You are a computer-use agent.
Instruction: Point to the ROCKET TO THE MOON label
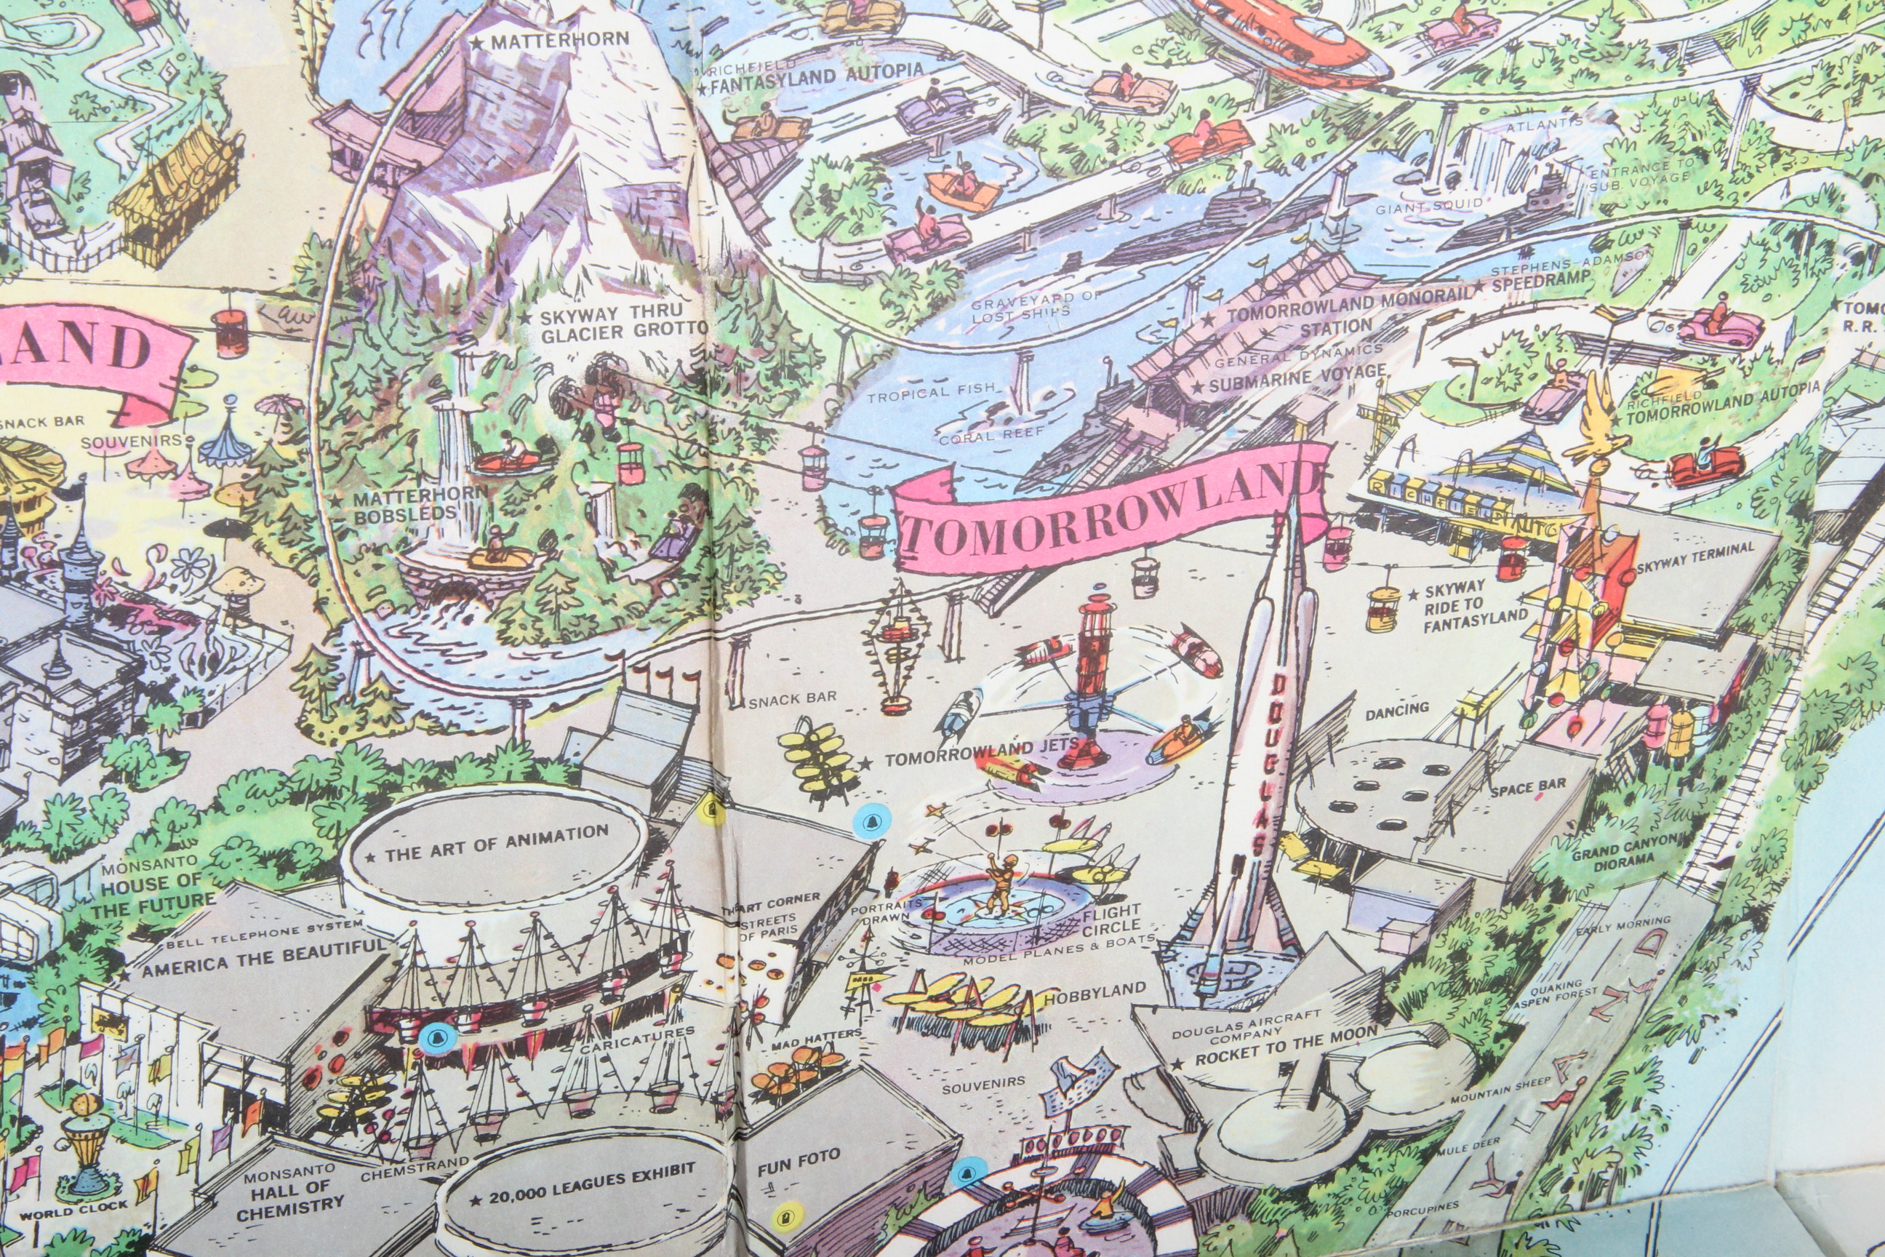1286,1046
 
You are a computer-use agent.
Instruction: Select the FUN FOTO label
799,1162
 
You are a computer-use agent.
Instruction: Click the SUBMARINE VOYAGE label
1297,378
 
